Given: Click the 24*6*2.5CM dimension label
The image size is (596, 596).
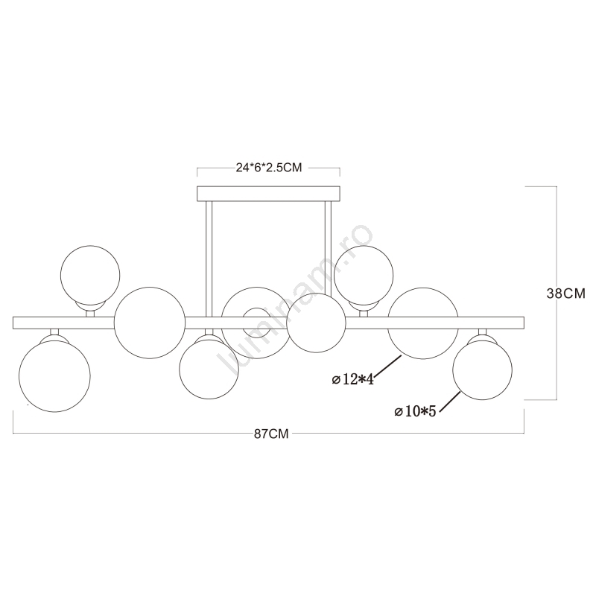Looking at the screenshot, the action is (269, 168).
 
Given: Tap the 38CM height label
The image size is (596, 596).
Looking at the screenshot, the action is (566, 294).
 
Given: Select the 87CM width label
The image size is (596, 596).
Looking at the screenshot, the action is (271, 434).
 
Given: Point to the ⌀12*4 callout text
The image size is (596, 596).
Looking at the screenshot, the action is (352, 379).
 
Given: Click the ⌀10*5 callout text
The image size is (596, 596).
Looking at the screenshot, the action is (415, 411).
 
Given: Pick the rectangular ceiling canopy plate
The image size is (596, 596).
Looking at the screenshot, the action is (268, 194).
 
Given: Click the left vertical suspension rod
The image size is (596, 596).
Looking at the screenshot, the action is (209, 259).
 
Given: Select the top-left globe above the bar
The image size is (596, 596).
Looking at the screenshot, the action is (90, 275).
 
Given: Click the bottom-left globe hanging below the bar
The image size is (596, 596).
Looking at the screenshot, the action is (54, 376).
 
